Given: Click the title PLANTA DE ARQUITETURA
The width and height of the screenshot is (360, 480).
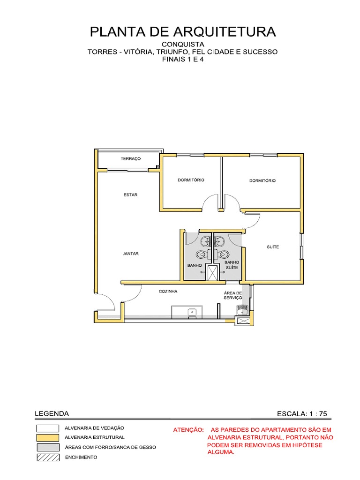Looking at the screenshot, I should tap(183, 32).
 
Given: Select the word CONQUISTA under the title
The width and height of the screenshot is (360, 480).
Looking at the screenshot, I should tap(183, 44).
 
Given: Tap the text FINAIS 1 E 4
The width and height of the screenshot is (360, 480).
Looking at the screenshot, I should tap(183, 60).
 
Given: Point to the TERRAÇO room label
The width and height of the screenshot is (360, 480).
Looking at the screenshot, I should tap(130, 159).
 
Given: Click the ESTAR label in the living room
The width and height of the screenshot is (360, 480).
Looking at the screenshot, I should tap(130, 195).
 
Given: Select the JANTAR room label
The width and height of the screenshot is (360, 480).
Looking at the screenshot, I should tap(130, 254).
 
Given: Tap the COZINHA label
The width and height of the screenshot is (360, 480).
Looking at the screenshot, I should tap(168, 291).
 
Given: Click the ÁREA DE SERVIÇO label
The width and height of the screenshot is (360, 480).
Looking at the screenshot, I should tap(233, 295).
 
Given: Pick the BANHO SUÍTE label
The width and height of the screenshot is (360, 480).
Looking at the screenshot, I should tap(232, 265).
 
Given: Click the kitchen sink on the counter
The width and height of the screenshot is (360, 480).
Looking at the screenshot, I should tap(191, 312).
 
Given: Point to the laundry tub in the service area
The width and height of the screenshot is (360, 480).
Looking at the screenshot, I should tap(242, 309).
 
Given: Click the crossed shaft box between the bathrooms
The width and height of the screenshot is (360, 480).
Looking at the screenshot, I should tap(213, 272).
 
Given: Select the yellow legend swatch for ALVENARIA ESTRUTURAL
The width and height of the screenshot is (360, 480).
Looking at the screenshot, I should tap(48, 437).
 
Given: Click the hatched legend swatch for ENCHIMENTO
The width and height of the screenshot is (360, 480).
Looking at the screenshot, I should tap(48, 457).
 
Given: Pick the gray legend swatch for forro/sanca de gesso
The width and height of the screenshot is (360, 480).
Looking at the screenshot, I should tap(48, 447).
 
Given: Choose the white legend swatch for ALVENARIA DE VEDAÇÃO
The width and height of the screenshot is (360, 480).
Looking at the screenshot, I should tap(48, 428).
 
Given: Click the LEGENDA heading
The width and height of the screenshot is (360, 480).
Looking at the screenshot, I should tap(52, 413).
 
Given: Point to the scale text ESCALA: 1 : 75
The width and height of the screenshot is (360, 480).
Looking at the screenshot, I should tap(302, 413).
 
